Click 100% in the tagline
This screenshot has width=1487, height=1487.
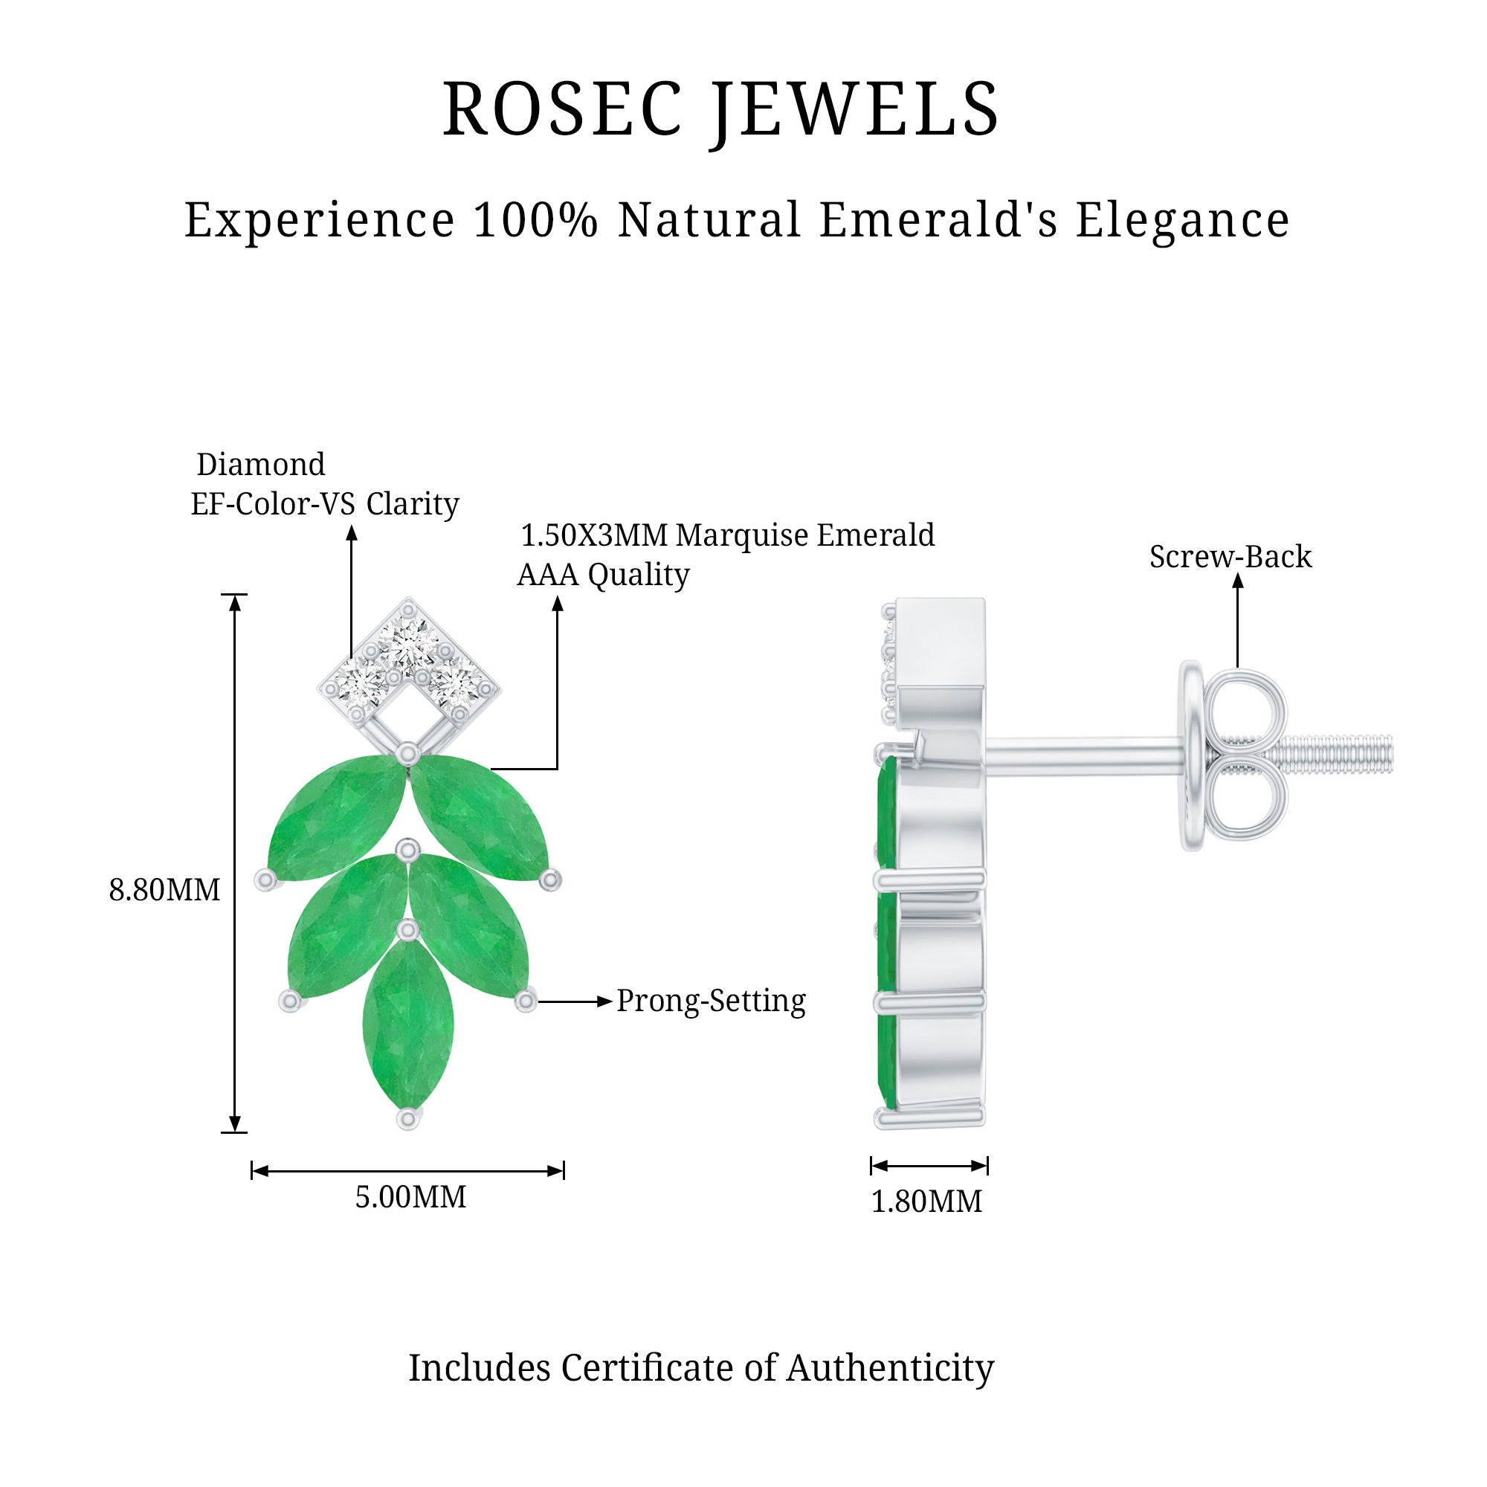pyautogui.click(x=535, y=220)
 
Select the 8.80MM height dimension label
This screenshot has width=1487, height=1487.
pyautogui.click(x=164, y=891)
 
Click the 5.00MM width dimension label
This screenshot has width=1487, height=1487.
pyautogui.click(x=410, y=1198)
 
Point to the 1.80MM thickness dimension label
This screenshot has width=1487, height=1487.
pyautogui.click(x=926, y=1201)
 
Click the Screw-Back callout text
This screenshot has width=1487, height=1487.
pyautogui.click(x=1230, y=556)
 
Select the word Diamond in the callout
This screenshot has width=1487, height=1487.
pyautogui.click(x=261, y=464)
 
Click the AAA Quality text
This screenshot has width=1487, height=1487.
pyautogui.click(x=603, y=574)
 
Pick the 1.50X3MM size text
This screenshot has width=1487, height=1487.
pyautogui.click(x=594, y=535)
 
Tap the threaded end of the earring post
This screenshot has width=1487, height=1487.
pyautogui.click(x=1339, y=754)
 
